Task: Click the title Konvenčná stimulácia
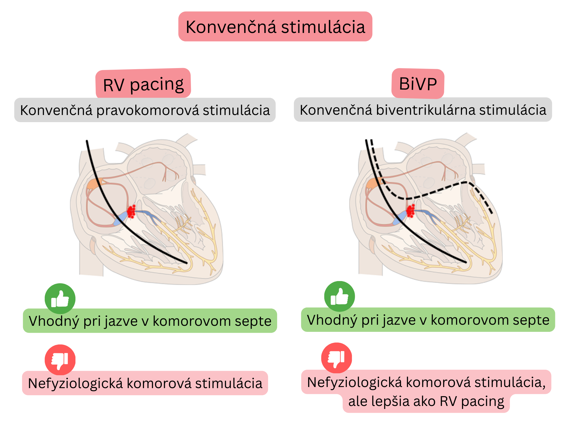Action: coord(275,27)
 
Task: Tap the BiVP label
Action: coord(418,83)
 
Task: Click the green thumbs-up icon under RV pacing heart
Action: coord(60,299)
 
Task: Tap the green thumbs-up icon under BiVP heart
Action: coord(339,296)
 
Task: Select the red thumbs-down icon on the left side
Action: coord(60,360)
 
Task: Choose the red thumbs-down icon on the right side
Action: coord(336,358)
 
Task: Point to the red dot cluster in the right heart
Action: coord(411,211)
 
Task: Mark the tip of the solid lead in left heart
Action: coord(187,263)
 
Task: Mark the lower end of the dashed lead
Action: coord(492,213)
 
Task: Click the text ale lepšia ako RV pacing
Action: coord(426,401)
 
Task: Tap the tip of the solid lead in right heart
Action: coord(466,262)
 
